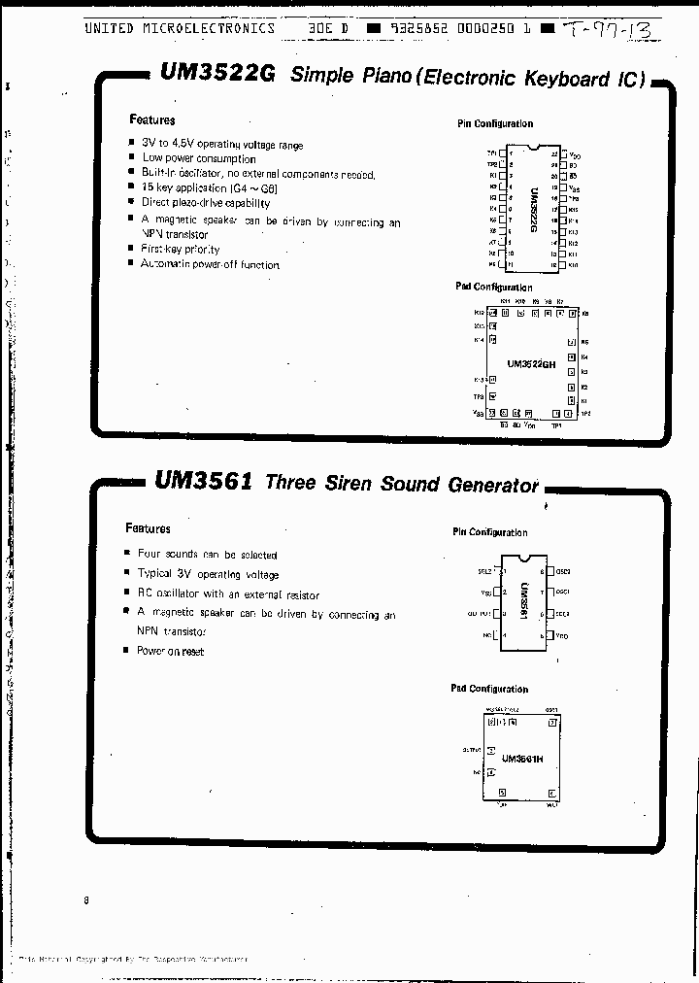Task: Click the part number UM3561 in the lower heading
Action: point(203,481)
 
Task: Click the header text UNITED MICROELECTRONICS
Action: point(180,28)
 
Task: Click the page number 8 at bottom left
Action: point(86,900)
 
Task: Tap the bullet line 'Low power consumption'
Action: point(199,158)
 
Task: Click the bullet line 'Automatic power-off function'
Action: point(210,264)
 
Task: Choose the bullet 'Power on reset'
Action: point(171,651)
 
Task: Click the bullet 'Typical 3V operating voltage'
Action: point(208,574)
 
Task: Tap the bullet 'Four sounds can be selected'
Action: point(208,555)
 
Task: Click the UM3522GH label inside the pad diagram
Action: point(531,364)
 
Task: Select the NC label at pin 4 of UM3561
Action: point(488,635)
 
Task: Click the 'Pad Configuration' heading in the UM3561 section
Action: point(489,689)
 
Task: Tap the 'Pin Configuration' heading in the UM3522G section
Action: point(495,124)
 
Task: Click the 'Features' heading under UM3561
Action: point(148,528)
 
